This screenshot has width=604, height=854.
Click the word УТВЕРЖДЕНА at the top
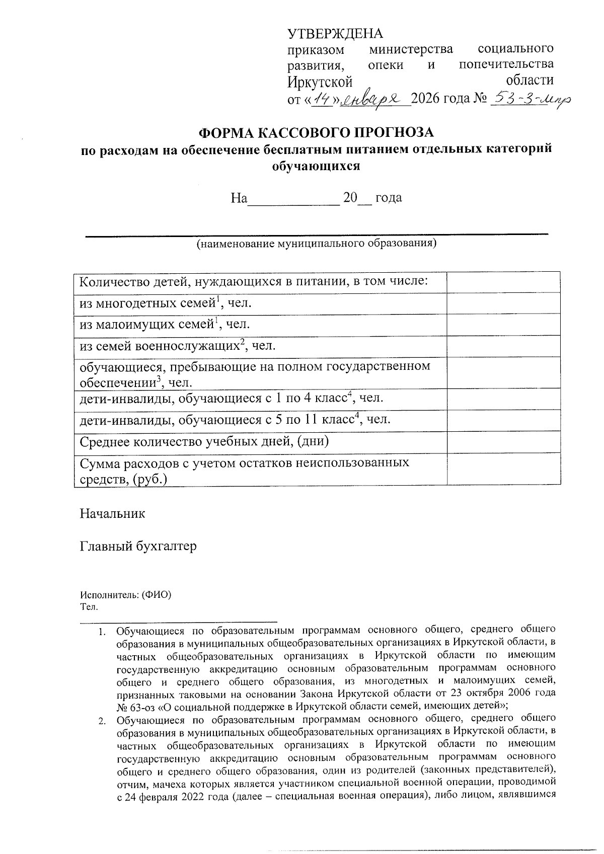(335, 34)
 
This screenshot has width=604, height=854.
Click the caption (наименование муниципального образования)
(316, 244)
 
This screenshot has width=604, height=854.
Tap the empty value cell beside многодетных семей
(503, 303)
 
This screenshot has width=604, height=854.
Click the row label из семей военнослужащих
(177, 346)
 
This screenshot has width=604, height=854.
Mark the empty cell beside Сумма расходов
(503, 469)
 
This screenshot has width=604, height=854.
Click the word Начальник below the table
(113, 514)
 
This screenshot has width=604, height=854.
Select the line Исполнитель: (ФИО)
(126, 594)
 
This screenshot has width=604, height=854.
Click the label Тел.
(88, 606)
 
